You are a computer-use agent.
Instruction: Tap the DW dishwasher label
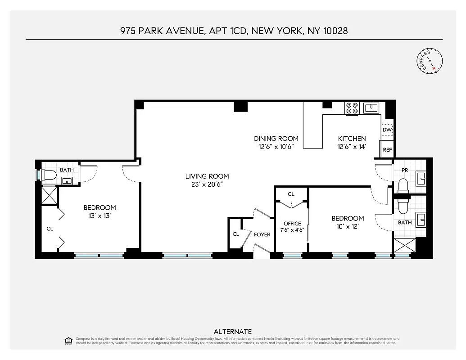387,130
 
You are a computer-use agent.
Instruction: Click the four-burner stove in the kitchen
352,108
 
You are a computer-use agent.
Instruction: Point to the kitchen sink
371,108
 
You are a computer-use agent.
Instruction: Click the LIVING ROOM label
207,176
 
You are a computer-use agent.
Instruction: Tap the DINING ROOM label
276,139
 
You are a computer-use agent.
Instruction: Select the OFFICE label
292,224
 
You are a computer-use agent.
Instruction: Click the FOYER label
262,234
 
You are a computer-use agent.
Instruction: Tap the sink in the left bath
68,181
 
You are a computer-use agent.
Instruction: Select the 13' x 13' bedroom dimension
100,216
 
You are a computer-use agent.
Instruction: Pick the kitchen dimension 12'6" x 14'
352,146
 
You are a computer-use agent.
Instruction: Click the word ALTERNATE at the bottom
233,331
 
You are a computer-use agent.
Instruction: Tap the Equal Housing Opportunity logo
68,340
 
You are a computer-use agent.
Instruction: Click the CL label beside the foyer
235,234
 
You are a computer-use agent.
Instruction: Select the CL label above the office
291,194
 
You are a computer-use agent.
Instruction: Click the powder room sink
422,178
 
